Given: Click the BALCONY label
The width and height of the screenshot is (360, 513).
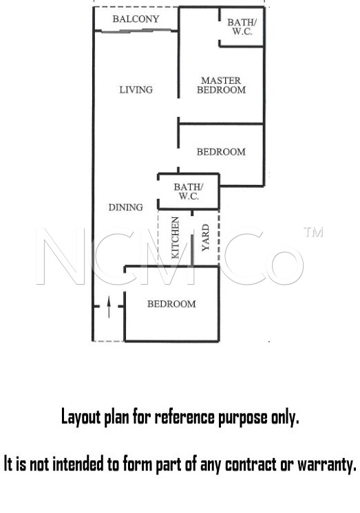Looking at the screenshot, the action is point(136,19).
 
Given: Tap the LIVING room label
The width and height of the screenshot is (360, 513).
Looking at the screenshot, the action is point(136,89).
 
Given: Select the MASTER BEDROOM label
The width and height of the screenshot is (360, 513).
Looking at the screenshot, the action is point(221,85).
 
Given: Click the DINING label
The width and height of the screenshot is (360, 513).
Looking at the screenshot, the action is point(126,207).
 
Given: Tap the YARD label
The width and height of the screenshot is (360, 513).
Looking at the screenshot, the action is point(205,237).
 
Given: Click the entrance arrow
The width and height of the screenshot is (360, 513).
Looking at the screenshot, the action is point(109,307).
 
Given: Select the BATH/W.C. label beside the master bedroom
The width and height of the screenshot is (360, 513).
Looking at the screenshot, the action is point(242,27).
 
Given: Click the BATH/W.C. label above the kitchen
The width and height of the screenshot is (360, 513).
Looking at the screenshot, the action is point(189,191).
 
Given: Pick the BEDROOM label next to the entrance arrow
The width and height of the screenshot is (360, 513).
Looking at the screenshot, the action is point(171,304).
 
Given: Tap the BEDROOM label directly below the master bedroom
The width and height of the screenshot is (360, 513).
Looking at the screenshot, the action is point(221,152).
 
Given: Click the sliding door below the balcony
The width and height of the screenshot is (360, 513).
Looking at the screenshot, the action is point(136,31).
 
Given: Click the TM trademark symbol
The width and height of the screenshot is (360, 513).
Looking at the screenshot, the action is point(313,232).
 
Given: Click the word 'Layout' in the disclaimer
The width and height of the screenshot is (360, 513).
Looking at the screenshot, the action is point(81,418).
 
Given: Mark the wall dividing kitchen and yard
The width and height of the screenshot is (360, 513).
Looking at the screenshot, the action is point(192,238).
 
